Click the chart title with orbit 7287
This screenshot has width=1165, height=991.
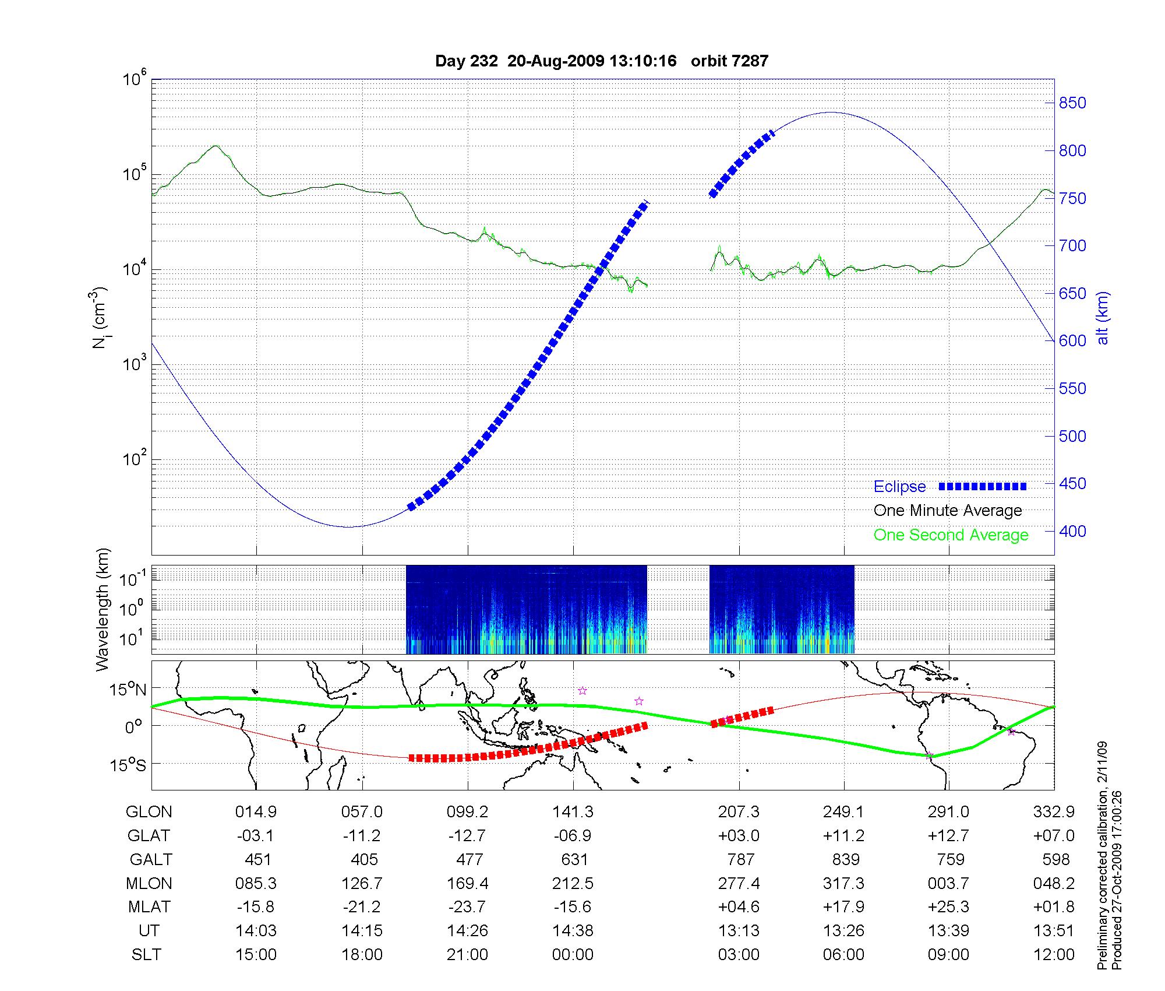[x=602, y=61]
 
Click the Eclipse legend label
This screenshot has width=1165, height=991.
[x=899, y=487]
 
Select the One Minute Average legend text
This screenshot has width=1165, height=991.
[x=948, y=511]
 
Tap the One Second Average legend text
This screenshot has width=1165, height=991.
[x=951, y=535]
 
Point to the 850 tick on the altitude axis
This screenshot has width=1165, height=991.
[x=1072, y=103]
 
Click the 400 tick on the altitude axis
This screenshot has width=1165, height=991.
[x=1072, y=532]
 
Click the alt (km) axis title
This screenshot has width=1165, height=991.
[x=1102, y=318]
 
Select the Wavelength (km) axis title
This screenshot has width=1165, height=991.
[x=103, y=610]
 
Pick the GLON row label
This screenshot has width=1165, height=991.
[x=149, y=812]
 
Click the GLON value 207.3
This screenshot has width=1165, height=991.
[x=739, y=812]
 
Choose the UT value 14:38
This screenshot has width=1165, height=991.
[x=573, y=931]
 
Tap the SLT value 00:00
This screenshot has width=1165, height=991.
[x=573, y=955]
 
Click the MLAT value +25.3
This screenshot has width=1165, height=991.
[x=949, y=907]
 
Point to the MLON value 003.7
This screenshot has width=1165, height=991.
[x=949, y=884]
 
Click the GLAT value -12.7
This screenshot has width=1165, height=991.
[x=467, y=836]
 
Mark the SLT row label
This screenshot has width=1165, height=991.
[x=146, y=955]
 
